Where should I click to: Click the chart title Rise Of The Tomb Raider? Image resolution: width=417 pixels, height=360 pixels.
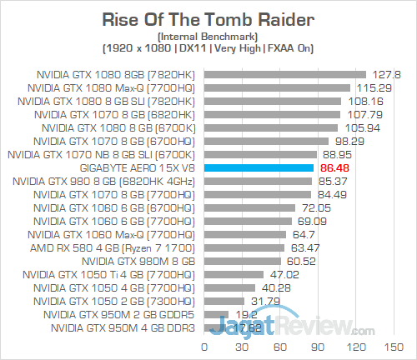pyautogui.click(x=208, y=18)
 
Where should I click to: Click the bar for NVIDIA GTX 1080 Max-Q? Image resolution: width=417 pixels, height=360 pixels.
pyautogui.click(x=275, y=87)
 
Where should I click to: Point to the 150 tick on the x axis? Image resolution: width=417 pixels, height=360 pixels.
pyautogui.click(x=389, y=346)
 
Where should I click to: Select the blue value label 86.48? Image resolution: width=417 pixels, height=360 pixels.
pyautogui.click(x=332, y=167)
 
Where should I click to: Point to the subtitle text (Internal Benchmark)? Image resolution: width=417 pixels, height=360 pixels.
pyautogui.click(x=208, y=37)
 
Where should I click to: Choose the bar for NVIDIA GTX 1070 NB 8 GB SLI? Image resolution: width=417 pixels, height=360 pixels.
pyautogui.click(x=259, y=154)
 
